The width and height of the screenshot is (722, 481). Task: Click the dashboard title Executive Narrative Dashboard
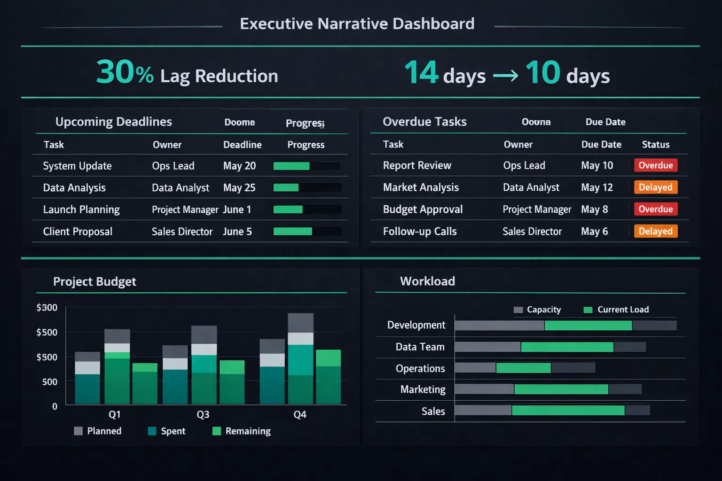tap(357, 24)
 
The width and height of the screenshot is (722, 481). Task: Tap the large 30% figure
tap(125, 73)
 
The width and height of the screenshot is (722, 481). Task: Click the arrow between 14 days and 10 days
tap(505, 76)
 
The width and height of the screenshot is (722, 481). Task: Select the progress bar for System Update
tap(307, 166)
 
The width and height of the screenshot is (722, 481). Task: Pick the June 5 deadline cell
tap(237, 232)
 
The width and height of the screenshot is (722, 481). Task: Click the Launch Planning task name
tap(81, 209)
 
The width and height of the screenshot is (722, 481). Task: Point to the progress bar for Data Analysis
tap(307, 188)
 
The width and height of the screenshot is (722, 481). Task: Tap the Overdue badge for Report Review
tap(655, 165)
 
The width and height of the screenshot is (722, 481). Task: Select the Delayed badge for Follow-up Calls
tap(655, 231)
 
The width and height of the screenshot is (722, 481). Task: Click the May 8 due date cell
tap(594, 209)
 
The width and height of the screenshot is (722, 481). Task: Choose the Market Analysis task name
tap(421, 187)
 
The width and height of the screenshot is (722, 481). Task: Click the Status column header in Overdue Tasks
tap(655, 145)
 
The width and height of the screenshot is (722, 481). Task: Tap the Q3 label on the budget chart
tap(203, 415)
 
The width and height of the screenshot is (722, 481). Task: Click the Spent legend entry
tap(167, 431)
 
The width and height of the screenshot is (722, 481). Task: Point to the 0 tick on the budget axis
tap(55, 407)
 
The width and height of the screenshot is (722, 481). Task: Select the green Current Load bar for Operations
tap(523, 368)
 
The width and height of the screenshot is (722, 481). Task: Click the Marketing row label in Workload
tap(423, 389)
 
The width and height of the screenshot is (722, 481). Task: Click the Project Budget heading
tap(94, 281)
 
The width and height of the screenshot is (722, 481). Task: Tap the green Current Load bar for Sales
tap(568, 411)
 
